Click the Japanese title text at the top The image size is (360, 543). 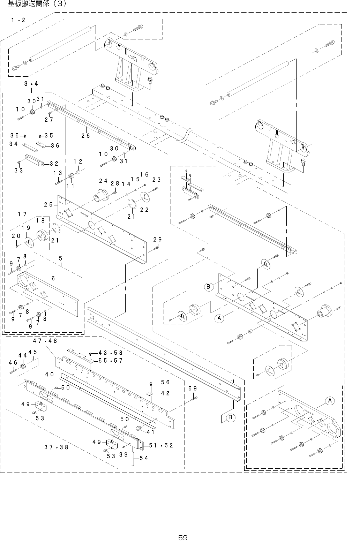[x=36, y=4]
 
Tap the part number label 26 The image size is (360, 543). [x=86, y=136]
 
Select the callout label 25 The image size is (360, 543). [x=48, y=204]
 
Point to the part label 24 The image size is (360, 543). [x=103, y=181]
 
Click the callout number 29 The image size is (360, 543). [x=157, y=240]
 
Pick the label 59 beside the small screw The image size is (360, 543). [x=192, y=388]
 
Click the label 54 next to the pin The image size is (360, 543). [x=143, y=458]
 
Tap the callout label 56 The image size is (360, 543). [x=165, y=382]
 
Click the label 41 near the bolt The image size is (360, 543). [x=151, y=432]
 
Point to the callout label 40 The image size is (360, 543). [x=49, y=374]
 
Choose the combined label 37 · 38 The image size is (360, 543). [x=56, y=447]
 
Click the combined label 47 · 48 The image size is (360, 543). [x=45, y=340]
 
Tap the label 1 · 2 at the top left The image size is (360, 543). [x=18, y=20]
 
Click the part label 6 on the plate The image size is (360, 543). [x=53, y=278]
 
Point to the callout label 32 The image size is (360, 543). [x=54, y=163]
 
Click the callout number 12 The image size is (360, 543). [x=78, y=161]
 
